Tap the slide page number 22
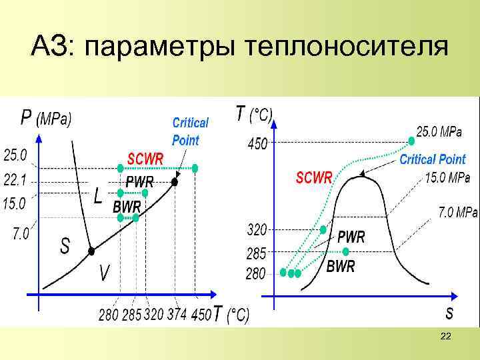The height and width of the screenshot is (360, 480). point(446,339)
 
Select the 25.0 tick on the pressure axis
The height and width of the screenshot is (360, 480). point(15,155)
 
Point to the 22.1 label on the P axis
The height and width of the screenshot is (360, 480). point(15,180)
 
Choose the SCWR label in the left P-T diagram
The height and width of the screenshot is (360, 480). point(145,159)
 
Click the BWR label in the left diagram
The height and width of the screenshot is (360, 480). point(127,206)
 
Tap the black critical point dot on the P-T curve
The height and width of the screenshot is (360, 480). point(175,181)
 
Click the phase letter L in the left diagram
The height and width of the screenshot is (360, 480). point(98,196)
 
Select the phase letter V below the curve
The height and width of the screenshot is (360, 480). point(105,273)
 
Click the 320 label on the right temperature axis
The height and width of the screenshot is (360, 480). point(257,230)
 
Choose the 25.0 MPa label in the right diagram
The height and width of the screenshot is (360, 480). point(439,132)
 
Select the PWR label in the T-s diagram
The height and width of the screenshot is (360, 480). point(351,237)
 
